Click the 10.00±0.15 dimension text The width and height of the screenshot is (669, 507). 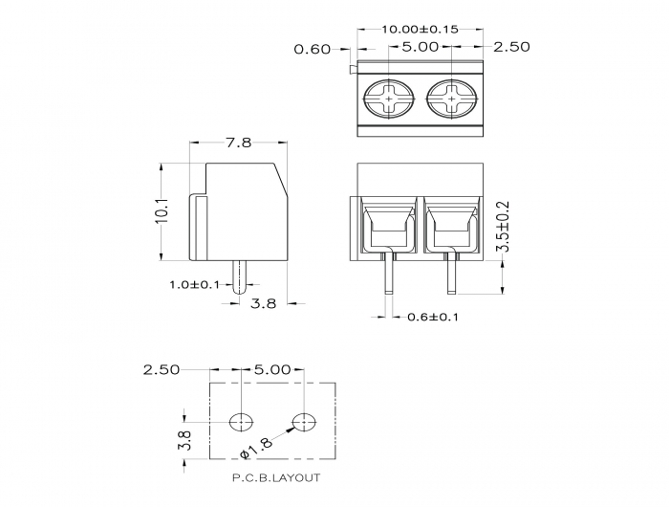420,29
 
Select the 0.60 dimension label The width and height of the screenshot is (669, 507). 313,49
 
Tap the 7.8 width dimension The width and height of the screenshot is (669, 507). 239,143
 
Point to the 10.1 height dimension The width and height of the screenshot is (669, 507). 162,210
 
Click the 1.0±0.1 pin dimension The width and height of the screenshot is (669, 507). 195,284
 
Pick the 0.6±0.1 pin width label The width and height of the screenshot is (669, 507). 433,317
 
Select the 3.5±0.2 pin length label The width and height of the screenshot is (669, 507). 505,226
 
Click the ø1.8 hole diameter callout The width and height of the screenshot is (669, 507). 256,449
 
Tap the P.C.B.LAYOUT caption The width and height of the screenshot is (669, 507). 276,477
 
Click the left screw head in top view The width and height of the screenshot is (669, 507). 389,99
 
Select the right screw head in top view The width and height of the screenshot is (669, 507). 452,99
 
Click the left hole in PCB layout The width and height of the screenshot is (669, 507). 241,423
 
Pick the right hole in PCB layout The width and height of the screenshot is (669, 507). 304,423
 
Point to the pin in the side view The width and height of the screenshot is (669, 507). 240,277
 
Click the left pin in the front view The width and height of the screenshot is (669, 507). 389,273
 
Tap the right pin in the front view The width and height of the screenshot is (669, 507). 451,273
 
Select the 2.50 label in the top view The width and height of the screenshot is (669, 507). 511,47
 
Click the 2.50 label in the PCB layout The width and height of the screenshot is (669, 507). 162,370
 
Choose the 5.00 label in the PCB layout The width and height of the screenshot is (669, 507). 272,369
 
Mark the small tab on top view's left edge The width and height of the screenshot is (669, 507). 354,70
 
